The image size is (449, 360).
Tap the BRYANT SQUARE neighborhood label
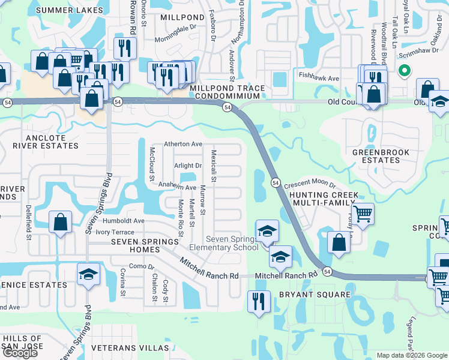pos(314,295)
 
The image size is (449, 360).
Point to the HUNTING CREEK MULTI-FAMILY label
pos(324,199)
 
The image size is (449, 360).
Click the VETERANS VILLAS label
pos(130,348)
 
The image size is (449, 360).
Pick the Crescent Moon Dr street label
pos(310,185)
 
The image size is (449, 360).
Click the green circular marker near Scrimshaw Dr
pos(405,71)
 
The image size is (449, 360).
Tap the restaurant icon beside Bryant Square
pos(259,300)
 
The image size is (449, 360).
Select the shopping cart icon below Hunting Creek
pos(363,213)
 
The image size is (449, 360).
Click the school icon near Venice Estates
pos(88,274)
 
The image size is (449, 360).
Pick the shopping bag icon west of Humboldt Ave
pos(61,221)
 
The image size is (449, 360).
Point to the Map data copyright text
pos(412,355)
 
